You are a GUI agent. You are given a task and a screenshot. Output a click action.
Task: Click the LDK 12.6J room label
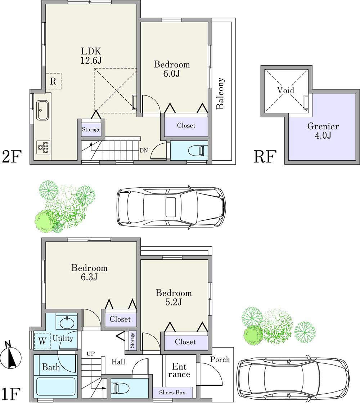click(x=91, y=55)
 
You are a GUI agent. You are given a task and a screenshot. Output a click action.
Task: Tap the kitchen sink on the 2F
click(x=42, y=109)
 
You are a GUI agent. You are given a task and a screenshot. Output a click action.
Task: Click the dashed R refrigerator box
click(x=53, y=81)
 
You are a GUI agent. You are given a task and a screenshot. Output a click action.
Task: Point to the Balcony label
click(x=220, y=93)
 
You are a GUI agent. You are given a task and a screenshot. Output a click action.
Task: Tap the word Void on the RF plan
click(x=286, y=90)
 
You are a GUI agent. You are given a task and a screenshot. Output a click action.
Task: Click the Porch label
click(x=220, y=359)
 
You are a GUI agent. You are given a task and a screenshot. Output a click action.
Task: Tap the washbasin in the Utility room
click(x=67, y=322)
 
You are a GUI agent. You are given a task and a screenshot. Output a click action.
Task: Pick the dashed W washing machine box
click(x=42, y=341)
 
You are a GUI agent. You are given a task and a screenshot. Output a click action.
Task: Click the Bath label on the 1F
click(x=51, y=368)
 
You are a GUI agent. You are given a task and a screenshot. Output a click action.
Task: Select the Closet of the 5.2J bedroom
click(x=185, y=342)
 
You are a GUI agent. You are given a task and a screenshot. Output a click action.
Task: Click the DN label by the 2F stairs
click(x=144, y=151)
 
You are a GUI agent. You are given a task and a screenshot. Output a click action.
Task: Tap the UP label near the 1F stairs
click(x=91, y=354)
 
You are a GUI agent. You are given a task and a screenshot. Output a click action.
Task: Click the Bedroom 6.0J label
click(x=172, y=69)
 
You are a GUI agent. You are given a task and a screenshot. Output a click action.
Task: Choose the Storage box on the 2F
click(x=91, y=129)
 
